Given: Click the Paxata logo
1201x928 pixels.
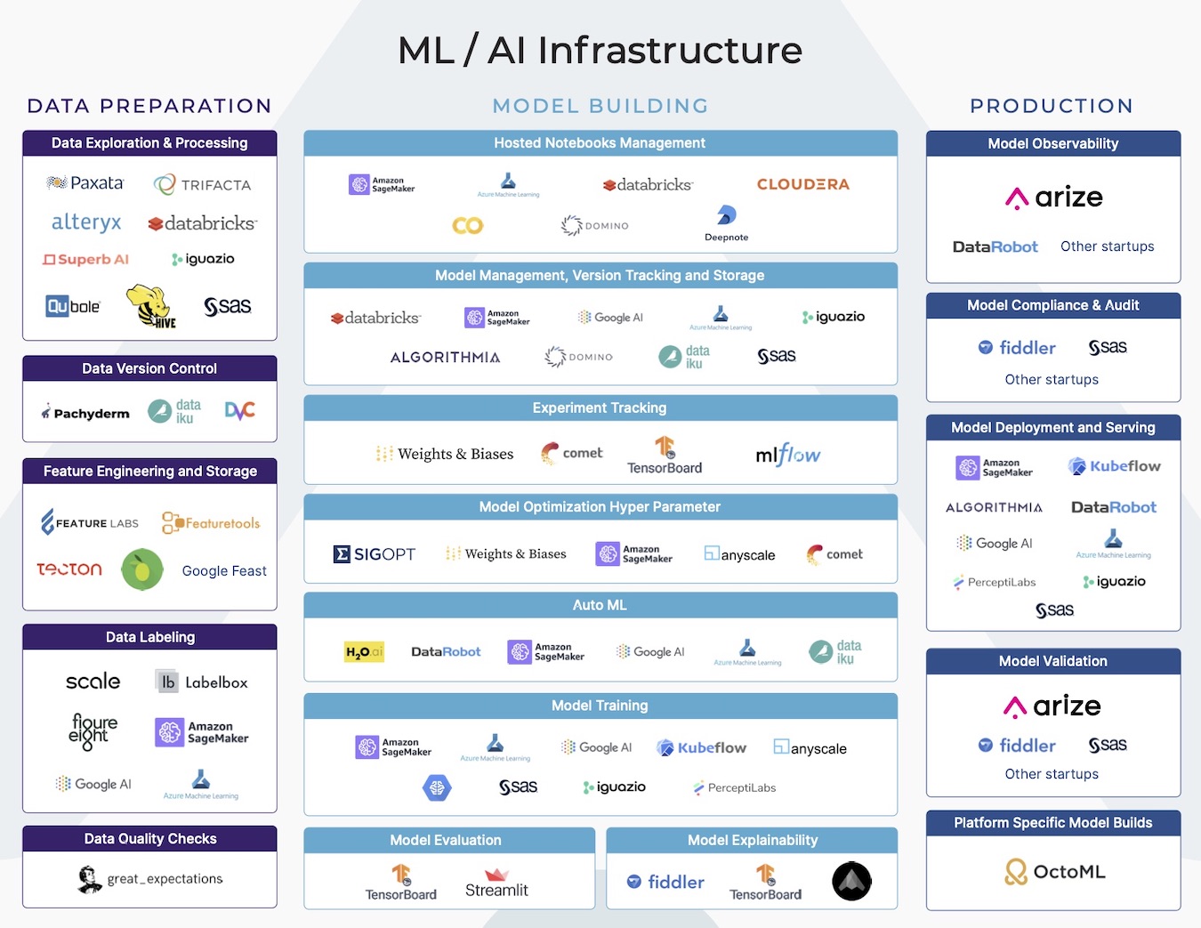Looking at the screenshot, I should [85, 183].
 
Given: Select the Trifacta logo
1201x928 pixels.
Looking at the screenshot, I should [203, 184].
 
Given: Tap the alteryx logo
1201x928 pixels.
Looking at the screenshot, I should [86, 222].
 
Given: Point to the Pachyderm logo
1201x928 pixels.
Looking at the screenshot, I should [85, 413].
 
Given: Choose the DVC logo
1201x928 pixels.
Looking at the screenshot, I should [239, 410].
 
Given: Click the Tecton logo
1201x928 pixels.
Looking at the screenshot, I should [69, 569].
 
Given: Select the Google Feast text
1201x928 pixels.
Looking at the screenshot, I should [224, 571].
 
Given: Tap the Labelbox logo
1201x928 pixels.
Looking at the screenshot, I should [202, 682].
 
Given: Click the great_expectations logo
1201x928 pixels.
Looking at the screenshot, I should [150, 879].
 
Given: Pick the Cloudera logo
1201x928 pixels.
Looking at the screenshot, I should [802, 184].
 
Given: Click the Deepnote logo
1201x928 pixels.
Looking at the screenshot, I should [726, 223].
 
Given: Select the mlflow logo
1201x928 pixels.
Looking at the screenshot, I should [787, 456].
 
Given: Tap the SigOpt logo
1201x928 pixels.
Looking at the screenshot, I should [374, 554].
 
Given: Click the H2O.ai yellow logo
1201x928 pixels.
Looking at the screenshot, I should [364, 652].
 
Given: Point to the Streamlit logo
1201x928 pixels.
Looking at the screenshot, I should [496, 884].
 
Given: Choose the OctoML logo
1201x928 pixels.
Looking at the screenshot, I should [1054, 872].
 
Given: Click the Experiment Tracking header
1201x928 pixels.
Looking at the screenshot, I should [600, 408].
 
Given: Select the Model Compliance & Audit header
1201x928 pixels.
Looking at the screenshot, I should [1052, 305].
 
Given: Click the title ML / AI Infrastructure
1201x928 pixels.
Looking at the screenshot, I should [600, 50].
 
